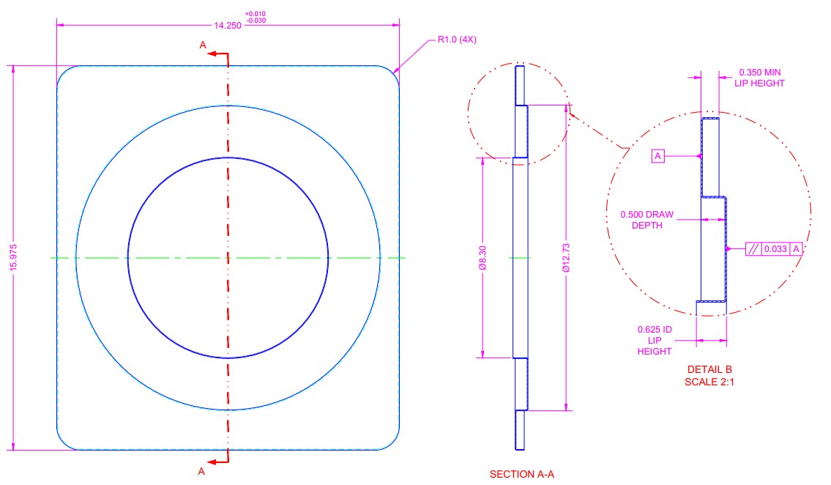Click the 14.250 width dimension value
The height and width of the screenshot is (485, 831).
coord(228,25)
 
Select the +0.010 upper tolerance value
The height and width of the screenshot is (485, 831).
coord(256,14)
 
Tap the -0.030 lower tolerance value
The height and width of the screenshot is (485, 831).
coord(256,21)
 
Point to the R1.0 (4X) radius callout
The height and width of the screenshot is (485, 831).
coord(457,40)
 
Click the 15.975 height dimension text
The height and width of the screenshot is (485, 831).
coord(13,258)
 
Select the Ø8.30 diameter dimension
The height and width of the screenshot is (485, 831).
coord(482,258)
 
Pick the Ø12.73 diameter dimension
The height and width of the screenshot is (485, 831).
coord(566,258)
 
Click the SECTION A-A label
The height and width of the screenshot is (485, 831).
coord(521,475)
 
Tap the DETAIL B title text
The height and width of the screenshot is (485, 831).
coord(709,369)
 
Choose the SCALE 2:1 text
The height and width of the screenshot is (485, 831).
coord(709,382)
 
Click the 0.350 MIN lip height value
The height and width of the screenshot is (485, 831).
coord(759,72)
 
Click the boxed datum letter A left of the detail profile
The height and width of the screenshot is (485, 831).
coord(657,156)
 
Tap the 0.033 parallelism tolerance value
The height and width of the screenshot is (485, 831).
coord(775,249)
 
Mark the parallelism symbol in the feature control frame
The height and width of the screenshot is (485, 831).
coord(753,249)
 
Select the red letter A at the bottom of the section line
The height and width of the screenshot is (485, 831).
coord(201,471)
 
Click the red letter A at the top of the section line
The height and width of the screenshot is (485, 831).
coord(203,45)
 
